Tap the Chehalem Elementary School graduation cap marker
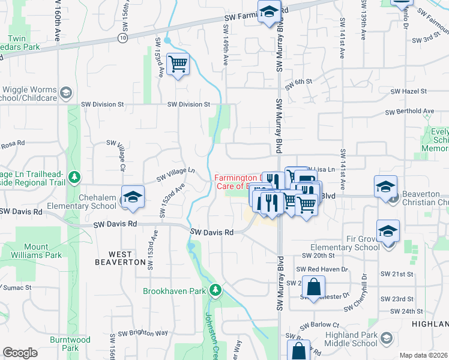133,197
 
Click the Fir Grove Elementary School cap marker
388,230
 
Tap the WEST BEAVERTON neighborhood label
121,262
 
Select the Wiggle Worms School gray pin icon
65,93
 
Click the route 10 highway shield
122,38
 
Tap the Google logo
20,353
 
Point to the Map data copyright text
424,355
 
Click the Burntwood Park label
70,344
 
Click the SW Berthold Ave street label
409,112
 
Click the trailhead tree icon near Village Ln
74,178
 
